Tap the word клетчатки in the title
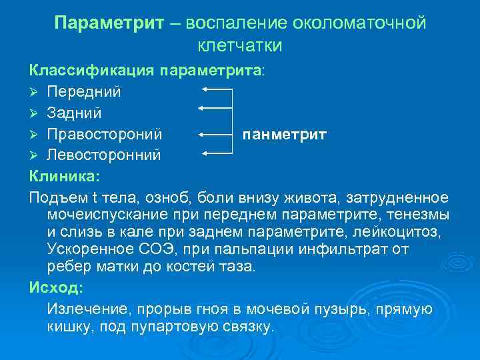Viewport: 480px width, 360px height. pyautogui.click(x=240, y=45)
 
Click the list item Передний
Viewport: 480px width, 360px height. pyautogui.click(x=84, y=90)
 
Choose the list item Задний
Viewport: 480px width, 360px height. pyautogui.click(x=74, y=113)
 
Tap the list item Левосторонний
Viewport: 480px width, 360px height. pyautogui.click(x=104, y=156)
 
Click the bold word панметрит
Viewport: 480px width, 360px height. pyautogui.click(x=285, y=135)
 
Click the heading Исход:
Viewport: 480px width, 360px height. pyautogui.click(x=57, y=288)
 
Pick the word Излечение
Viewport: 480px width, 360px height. pyautogui.click(x=83, y=309)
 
